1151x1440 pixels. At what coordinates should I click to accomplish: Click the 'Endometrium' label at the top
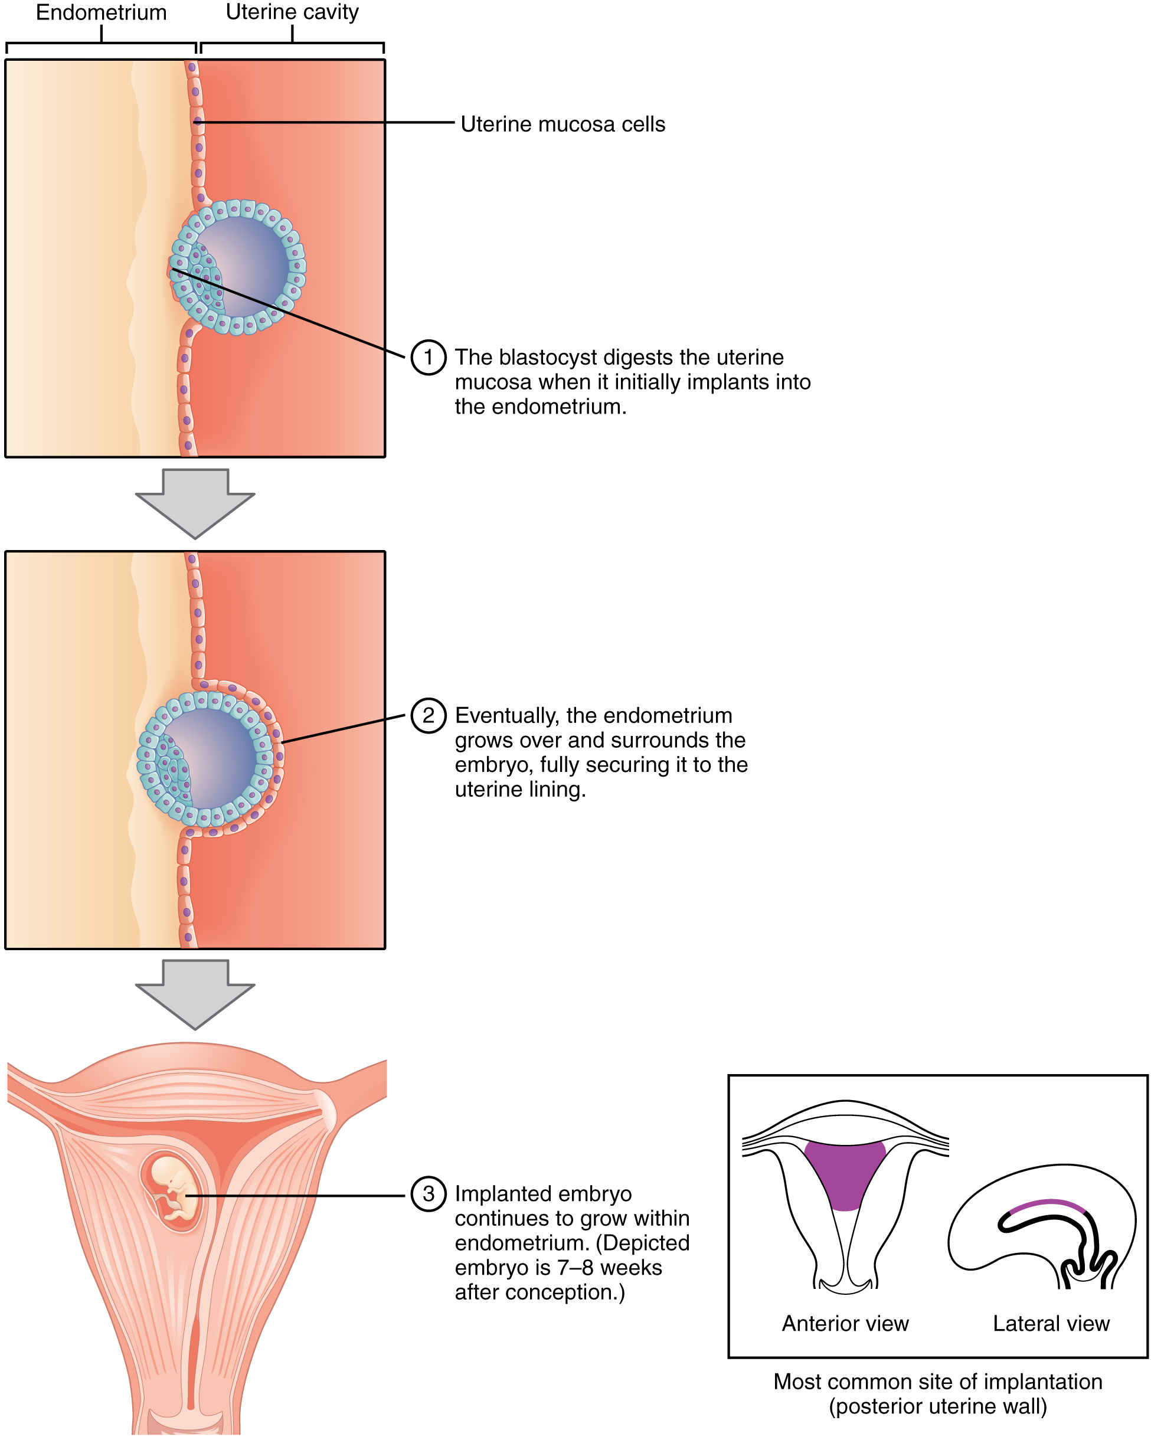point(101,13)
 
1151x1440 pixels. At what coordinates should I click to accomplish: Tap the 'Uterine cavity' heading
point(292,12)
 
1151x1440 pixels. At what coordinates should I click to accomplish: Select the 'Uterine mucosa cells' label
point(563,125)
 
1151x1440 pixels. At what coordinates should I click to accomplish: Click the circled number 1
point(427,357)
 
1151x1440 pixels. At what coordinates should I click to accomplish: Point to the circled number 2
point(427,715)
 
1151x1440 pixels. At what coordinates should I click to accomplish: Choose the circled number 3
point(427,1193)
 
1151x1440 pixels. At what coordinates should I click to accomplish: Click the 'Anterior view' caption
point(845,1323)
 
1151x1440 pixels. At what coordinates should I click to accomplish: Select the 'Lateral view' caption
point(1051,1323)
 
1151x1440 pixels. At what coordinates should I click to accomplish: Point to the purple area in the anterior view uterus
point(845,1172)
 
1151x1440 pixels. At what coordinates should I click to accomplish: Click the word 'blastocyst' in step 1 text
point(547,357)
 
